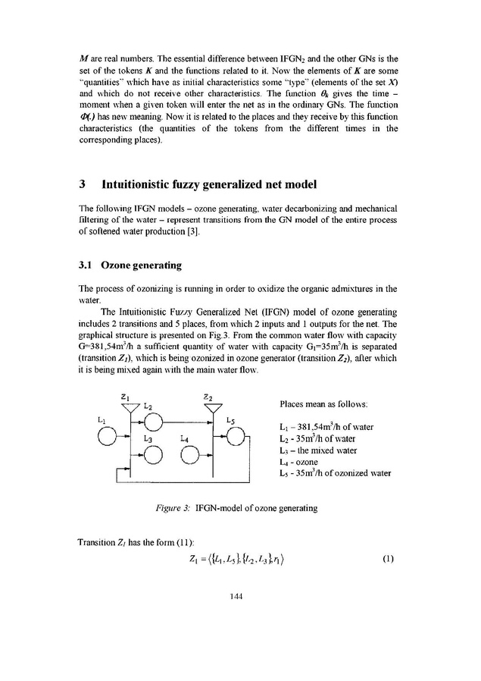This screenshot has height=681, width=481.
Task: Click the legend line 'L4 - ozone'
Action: (x=300, y=461)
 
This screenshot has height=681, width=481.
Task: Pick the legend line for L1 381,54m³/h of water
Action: (x=326, y=427)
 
